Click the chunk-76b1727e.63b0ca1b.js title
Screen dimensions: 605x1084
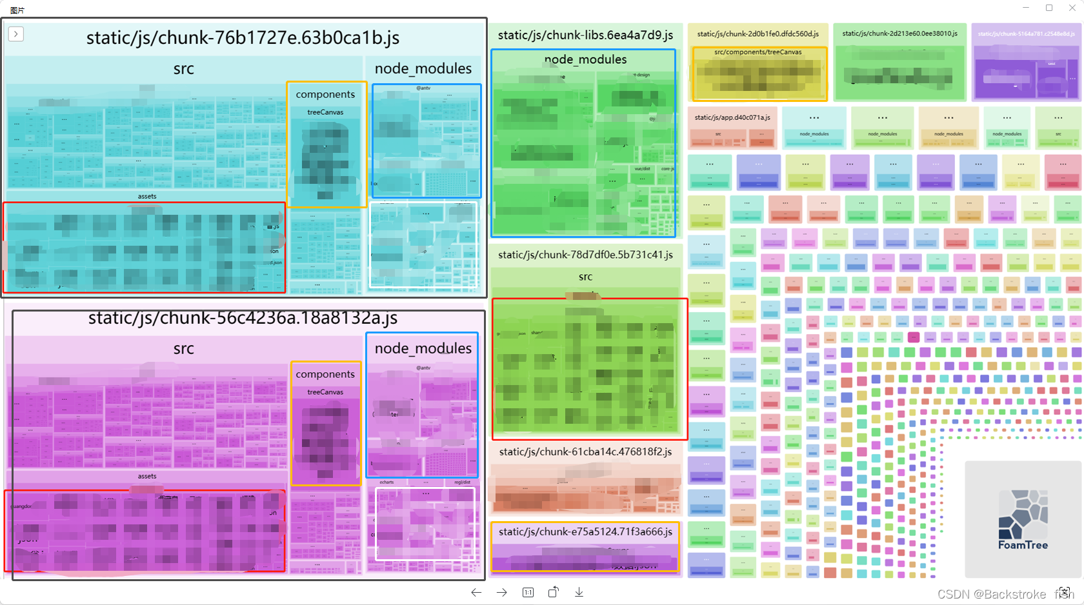point(243,38)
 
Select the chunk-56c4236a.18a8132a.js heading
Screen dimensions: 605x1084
point(243,318)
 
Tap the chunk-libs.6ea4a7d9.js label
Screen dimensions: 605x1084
point(585,35)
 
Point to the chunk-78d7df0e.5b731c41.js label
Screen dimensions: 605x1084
point(585,255)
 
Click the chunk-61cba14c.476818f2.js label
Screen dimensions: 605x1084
point(585,451)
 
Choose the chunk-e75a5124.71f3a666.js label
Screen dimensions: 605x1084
point(585,531)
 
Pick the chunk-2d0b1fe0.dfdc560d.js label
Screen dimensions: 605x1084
point(758,34)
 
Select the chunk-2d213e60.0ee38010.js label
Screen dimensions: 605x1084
point(899,34)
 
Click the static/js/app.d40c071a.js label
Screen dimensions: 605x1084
point(732,117)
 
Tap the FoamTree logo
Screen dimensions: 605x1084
point(1023,519)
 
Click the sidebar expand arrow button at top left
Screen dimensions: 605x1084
point(16,34)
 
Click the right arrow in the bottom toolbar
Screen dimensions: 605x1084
point(502,592)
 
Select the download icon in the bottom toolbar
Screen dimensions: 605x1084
point(579,592)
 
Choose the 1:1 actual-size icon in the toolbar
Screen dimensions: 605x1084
point(528,592)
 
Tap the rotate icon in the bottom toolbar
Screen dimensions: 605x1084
point(554,592)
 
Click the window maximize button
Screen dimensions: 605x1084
point(1049,8)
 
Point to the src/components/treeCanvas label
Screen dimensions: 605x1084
point(758,52)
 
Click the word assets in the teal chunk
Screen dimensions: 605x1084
point(147,196)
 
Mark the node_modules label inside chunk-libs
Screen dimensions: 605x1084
point(585,59)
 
